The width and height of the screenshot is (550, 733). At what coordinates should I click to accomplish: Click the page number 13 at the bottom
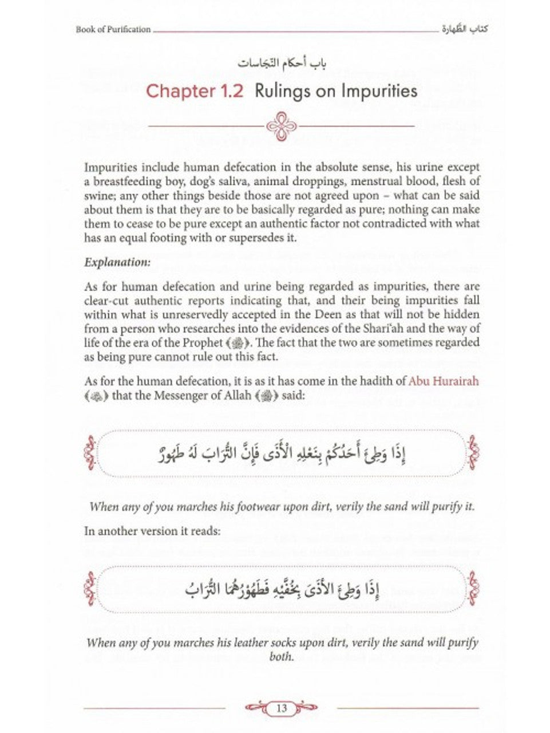(282, 708)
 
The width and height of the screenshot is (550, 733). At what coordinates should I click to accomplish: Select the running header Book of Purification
(113, 29)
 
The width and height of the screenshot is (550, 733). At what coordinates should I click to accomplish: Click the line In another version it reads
(152, 531)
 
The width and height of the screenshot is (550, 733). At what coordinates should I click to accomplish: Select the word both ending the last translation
(282, 656)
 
